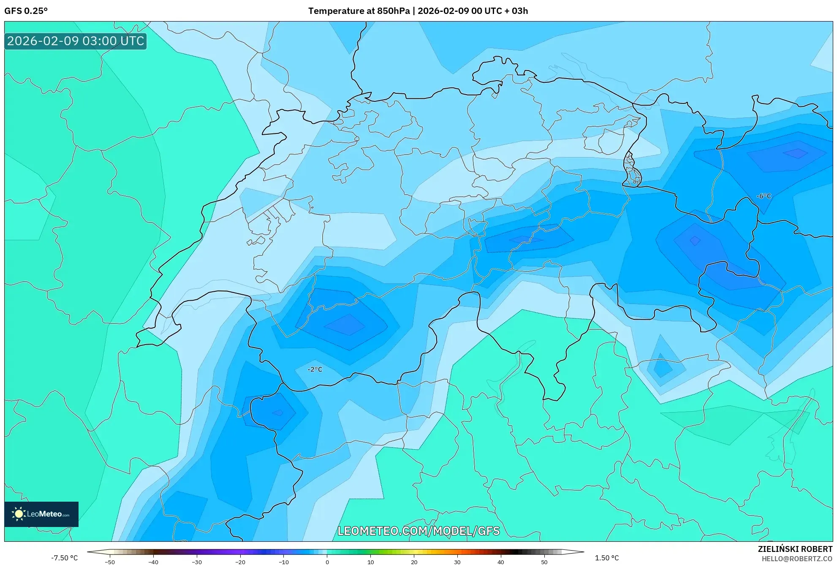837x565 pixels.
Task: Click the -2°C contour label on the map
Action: pyautogui.click(x=315, y=369)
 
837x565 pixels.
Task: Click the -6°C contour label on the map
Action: pyautogui.click(x=764, y=196)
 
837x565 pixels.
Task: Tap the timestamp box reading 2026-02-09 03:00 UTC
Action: pyautogui.click(x=76, y=41)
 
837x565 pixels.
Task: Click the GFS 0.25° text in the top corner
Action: pyautogui.click(x=26, y=11)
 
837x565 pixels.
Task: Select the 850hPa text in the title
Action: pyautogui.click(x=393, y=11)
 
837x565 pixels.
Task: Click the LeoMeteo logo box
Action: pyautogui.click(x=41, y=514)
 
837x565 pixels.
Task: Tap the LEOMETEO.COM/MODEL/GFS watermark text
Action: pyautogui.click(x=418, y=531)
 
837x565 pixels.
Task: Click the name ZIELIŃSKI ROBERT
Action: pyautogui.click(x=795, y=549)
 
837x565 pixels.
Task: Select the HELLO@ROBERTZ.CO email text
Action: pyautogui.click(x=797, y=559)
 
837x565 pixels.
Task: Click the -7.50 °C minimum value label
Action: pyautogui.click(x=65, y=558)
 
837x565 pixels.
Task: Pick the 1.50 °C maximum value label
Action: pyautogui.click(x=607, y=558)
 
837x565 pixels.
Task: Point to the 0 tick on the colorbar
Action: pyautogui.click(x=327, y=562)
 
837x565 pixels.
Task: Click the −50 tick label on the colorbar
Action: pyautogui.click(x=110, y=562)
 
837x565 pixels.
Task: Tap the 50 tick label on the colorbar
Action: pyautogui.click(x=544, y=562)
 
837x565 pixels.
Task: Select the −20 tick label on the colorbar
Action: pyautogui.click(x=240, y=562)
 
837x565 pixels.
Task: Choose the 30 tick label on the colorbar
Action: pyautogui.click(x=457, y=562)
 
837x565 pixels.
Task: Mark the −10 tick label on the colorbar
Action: pyautogui.click(x=283, y=562)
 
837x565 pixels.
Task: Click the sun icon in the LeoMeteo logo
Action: pyautogui.click(x=19, y=514)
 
